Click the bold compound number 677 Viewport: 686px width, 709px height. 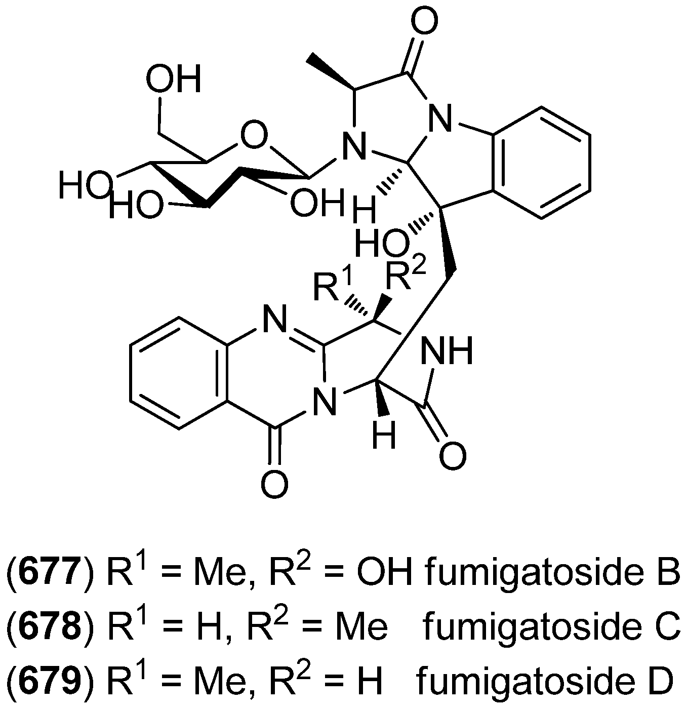tap(49, 573)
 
